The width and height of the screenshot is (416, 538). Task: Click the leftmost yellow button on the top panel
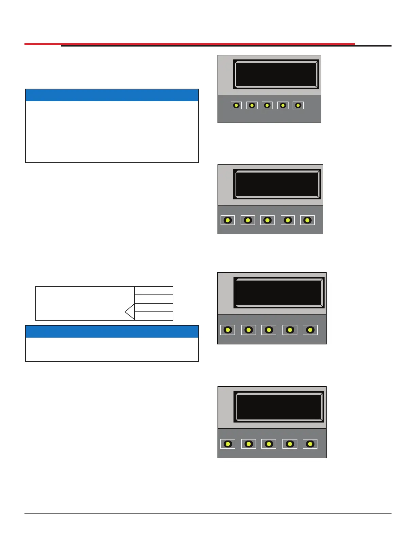click(x=236, y=105)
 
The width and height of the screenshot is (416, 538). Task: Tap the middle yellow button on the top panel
click(x=267, y=105)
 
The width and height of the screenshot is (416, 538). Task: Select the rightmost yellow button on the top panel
click(x=298, y=105)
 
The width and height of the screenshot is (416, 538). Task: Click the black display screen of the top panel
click(x=276, y=74)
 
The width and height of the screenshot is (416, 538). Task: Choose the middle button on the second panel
click(x=267, y=220)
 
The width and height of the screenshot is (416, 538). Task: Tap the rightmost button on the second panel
click(x=307, y=220)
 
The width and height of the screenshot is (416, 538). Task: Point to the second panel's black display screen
click(x=277, y=184)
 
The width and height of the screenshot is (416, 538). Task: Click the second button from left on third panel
click(x=248, y=330)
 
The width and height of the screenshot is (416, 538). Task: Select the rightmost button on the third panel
click(x=310, y=330)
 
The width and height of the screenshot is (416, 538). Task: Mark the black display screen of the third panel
click(x=279, y=292)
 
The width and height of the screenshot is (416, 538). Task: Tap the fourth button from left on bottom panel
click(x=290, y=444)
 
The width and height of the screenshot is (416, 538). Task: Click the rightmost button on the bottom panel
click(x=310, y=444)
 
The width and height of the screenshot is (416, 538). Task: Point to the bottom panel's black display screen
click(x=279, y=407)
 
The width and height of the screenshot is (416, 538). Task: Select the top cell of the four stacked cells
click(x=154, y=290)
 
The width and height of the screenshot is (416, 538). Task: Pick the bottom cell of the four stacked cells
click(x=154, y=316)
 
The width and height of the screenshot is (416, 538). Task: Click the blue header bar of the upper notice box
click(x=112, y=95)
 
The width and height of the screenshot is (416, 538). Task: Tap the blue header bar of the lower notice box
click(x=112, y=331)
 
